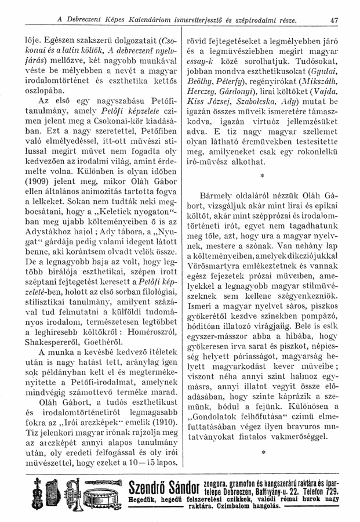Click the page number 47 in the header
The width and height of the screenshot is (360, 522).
(334, 21)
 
